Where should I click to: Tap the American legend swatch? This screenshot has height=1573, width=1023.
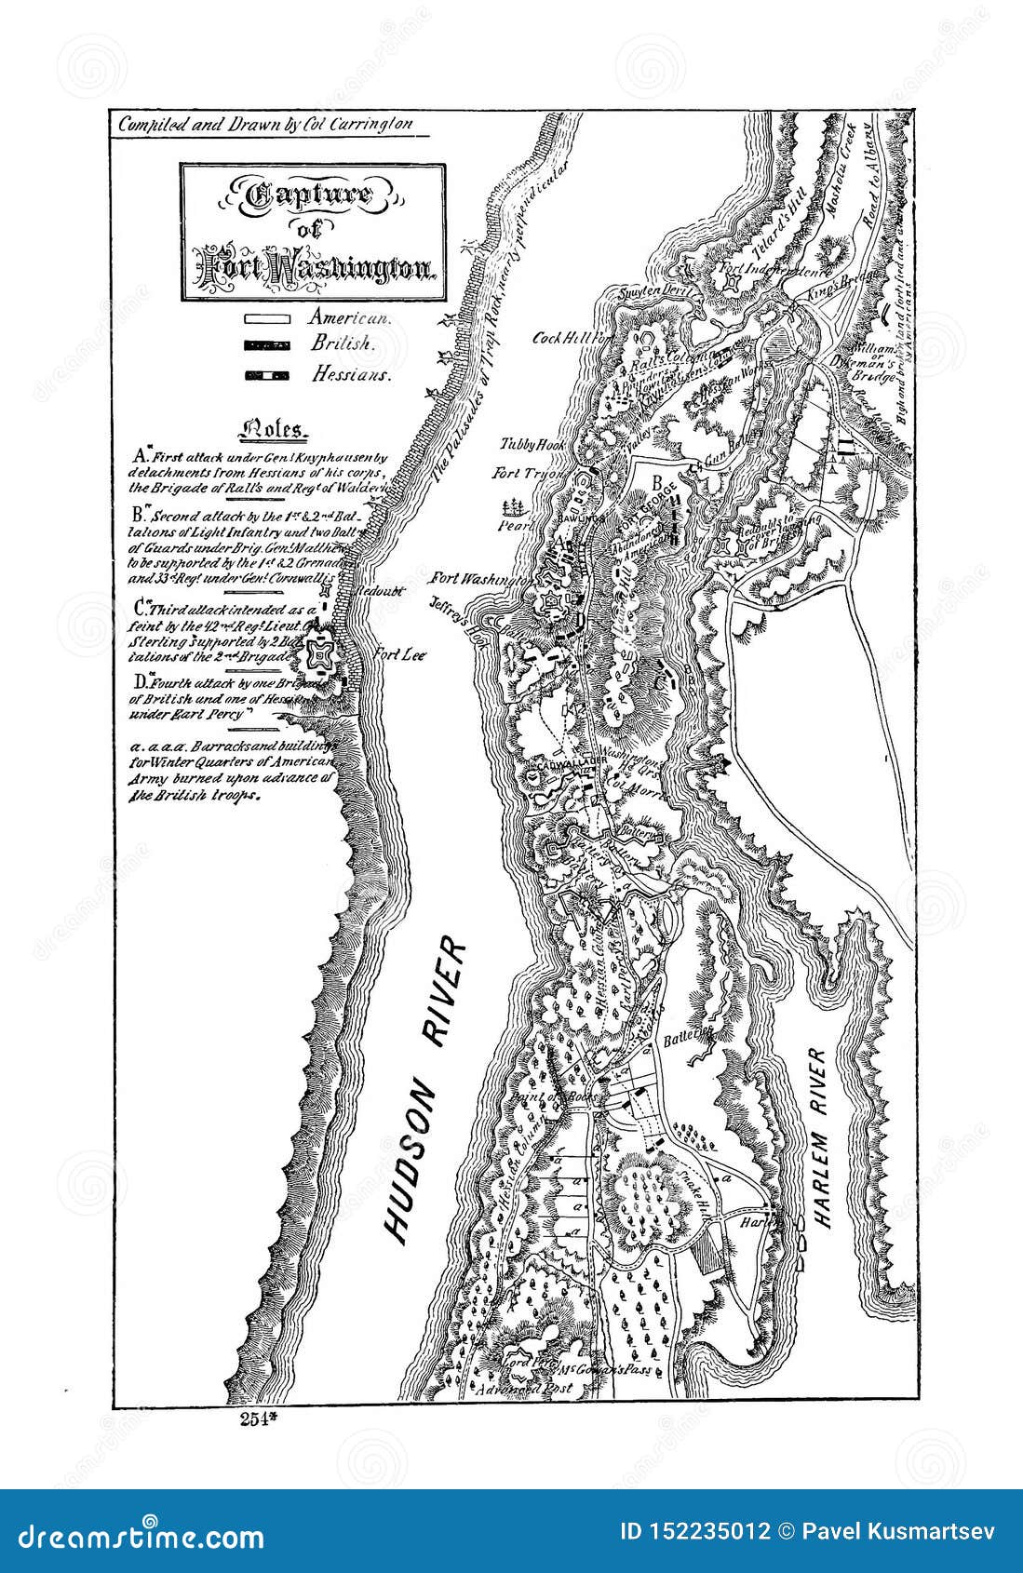point(266,317)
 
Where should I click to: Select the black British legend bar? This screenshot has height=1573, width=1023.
point(266,344)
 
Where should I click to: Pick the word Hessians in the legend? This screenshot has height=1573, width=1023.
point(351,374)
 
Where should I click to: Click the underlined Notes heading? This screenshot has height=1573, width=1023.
point(273,430)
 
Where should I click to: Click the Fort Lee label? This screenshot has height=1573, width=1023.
point(399,654)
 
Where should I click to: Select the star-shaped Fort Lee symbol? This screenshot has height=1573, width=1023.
point(321,659)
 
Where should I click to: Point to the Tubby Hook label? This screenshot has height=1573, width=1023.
point(528,444)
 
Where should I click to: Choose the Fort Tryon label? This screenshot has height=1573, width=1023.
point(526,474)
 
